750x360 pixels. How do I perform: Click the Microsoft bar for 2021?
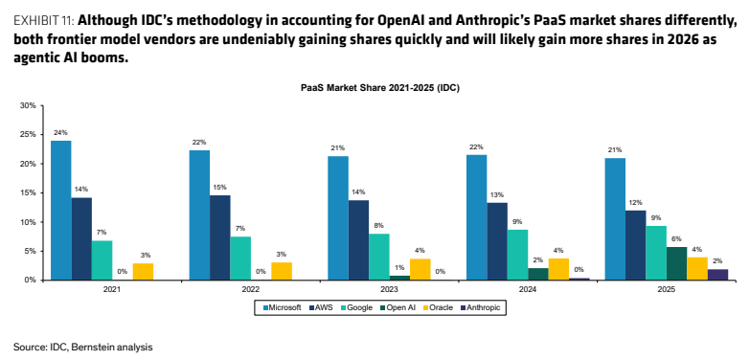[61, 211]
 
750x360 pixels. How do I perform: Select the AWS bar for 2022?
[220, 237]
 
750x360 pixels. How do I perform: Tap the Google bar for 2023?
[379, 257]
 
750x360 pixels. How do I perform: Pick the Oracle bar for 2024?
[558, 269]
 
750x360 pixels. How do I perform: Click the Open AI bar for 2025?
[676, 263]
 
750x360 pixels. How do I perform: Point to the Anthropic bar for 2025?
[717, 275]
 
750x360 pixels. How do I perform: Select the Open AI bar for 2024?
[538, 274]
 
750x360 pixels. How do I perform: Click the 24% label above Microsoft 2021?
[61, 131]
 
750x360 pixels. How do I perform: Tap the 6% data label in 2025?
[676, 238]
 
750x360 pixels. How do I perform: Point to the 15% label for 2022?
[220, 187]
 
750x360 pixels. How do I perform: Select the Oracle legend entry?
[437, 307]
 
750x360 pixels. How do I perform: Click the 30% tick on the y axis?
[29, 105]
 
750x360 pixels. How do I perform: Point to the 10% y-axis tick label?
[29, 222]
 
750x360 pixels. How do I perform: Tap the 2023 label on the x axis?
[389, 289]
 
